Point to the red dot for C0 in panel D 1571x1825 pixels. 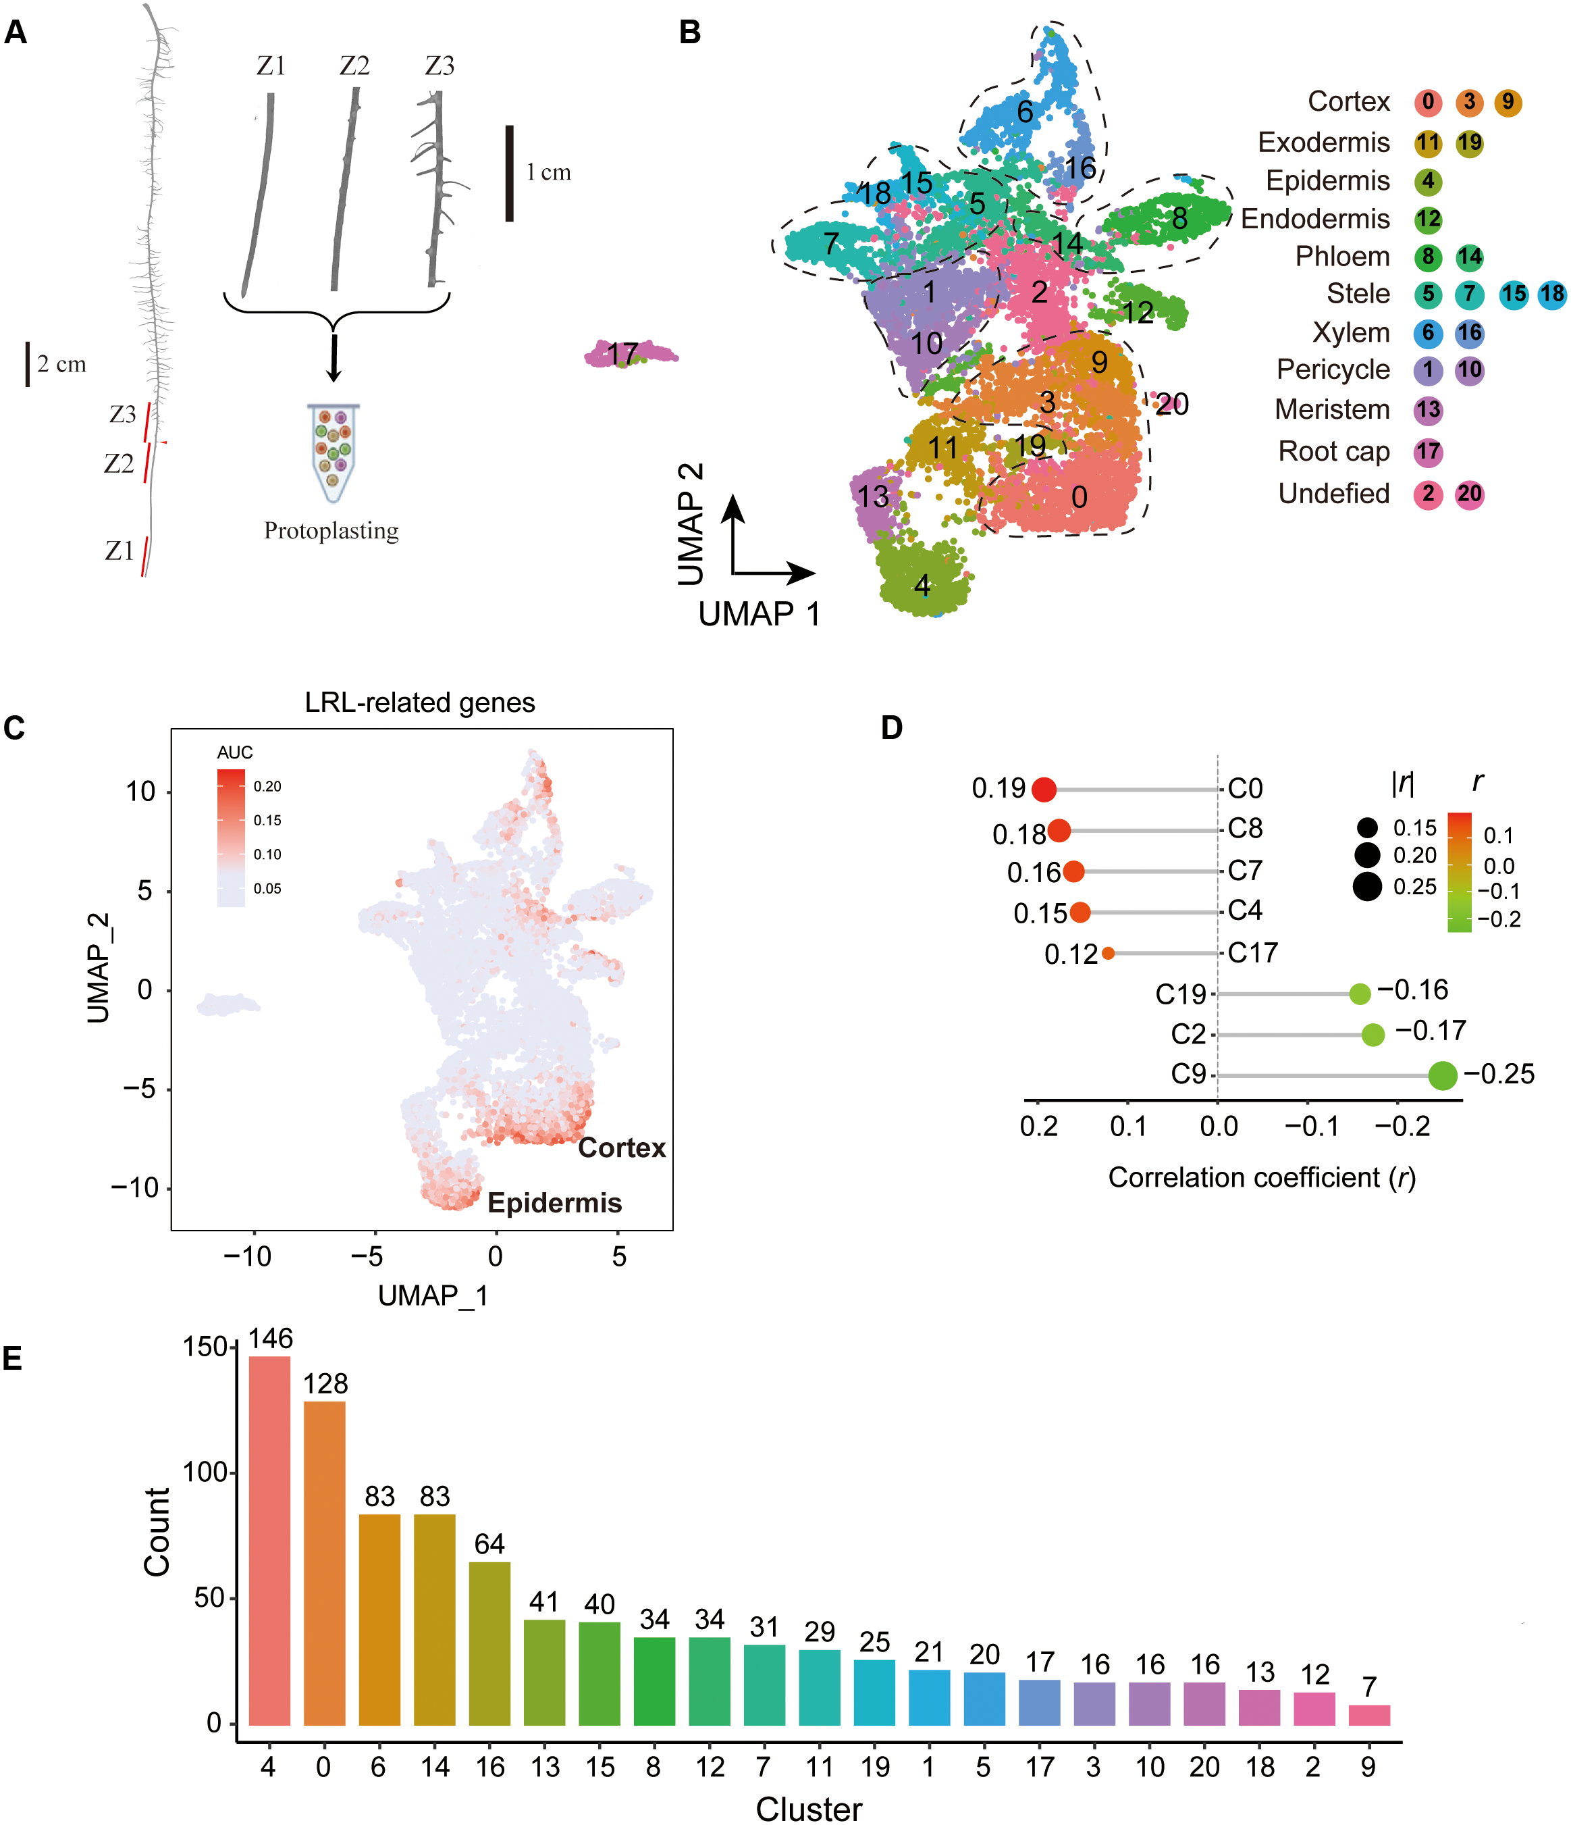pyautogui.click(x=1044, y=789)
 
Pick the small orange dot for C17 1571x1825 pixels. pyautogui.click(x=1108, y=953)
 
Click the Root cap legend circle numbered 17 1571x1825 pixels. pyautogui.click(x=1427, y=453)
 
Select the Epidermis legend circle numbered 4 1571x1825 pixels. pyautogui.click(x=1427, y=182)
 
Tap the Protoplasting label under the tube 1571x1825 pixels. pyautogui.click(x=331, y=531)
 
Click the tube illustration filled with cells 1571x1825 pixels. pyautogui.click(x=333, y=452)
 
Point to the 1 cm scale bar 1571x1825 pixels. pyautogui.click(x=509, y=174)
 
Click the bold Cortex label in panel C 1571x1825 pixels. pyautogui.click(x=622, y=1148)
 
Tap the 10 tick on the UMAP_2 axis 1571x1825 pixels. pyautogui.click(x=141, y=792)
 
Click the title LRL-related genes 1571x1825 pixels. pyautogui.click(x=420, y=703)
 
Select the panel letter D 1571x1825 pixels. pyautogui.click(x=891, y=727)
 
